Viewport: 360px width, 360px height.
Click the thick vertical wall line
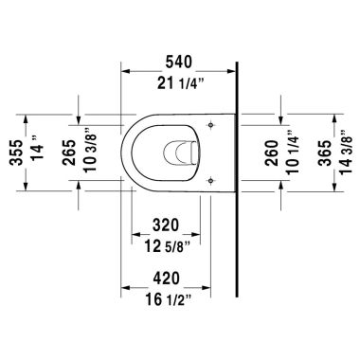tap(235, 189)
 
